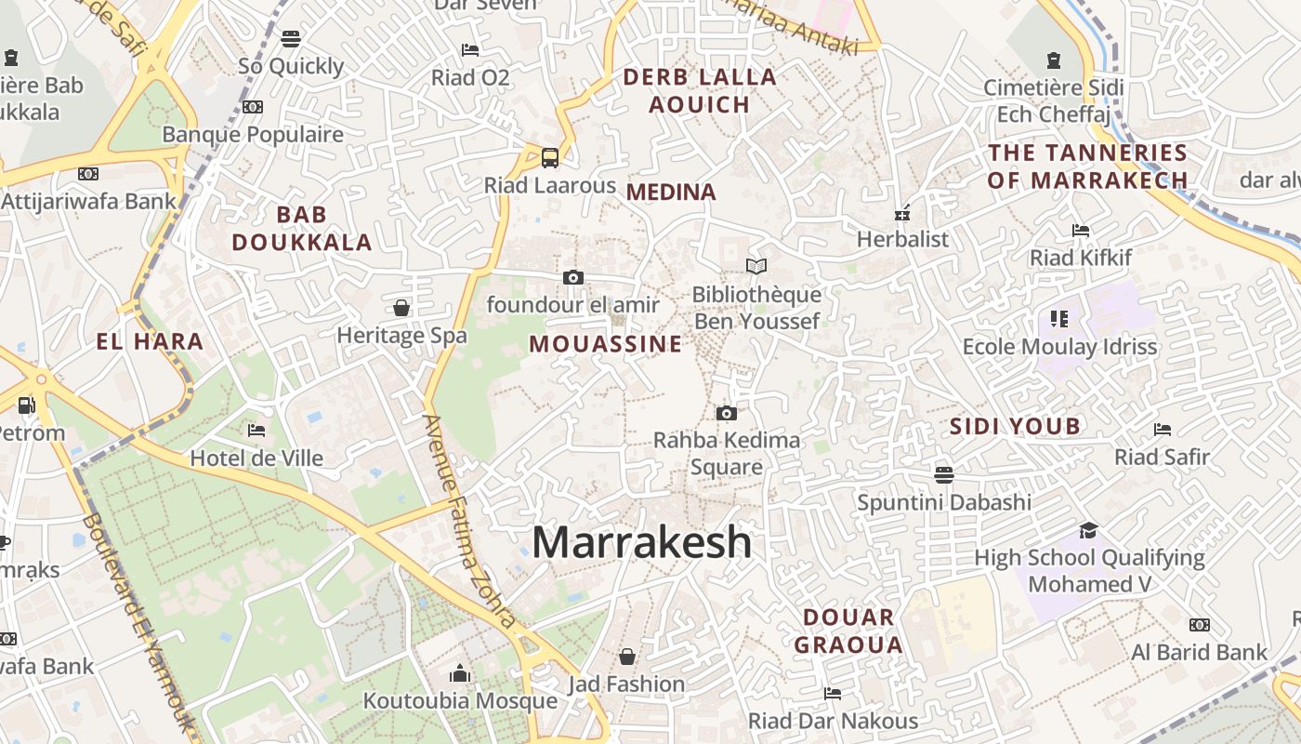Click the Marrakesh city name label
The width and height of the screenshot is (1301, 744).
tap(641, 542)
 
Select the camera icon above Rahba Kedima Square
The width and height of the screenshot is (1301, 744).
tap(727, 413)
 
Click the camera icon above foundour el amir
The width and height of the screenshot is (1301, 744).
tap(573, 277)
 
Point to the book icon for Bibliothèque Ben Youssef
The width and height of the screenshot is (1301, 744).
tap(756, 267)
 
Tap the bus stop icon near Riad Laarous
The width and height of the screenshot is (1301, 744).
tap(550, 157)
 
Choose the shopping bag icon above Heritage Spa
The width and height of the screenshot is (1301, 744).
tap(401, 307)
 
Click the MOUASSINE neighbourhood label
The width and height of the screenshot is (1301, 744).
tap(606, 344)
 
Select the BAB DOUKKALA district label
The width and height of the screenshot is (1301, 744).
tap(302, 229)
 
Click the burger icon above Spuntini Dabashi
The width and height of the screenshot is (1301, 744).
tap(944, 474)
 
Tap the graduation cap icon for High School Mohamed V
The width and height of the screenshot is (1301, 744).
tap(1088, 530)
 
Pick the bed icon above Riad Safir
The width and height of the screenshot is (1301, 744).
tap(1163, 429)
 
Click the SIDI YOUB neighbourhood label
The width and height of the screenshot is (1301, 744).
tap(1015, 427)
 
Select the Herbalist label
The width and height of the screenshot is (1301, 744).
tap(902, 239)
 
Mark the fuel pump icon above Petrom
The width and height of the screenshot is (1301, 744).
tap(27, 405)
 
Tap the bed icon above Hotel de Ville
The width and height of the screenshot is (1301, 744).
tap(256, 430)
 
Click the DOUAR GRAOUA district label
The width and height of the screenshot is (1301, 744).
tap(848, 631)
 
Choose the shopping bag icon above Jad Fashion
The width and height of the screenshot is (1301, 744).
tap(627, 657)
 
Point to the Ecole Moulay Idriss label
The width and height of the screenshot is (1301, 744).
tap(1059, 347)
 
